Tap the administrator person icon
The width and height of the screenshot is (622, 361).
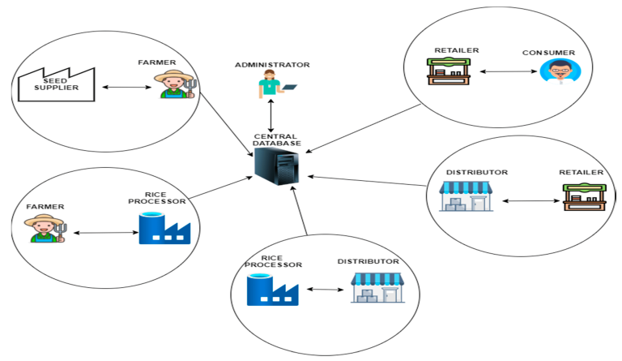(x=270, y=84)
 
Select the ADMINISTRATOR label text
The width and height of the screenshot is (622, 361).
(x=272, y=63)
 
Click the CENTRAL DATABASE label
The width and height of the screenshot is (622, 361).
(x=277, y=139)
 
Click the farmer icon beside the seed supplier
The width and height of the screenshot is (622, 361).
(x=173, y=83)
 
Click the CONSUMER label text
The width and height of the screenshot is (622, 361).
(x=549, y=53)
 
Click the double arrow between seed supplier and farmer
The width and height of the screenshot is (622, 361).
(x=124, y=87)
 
